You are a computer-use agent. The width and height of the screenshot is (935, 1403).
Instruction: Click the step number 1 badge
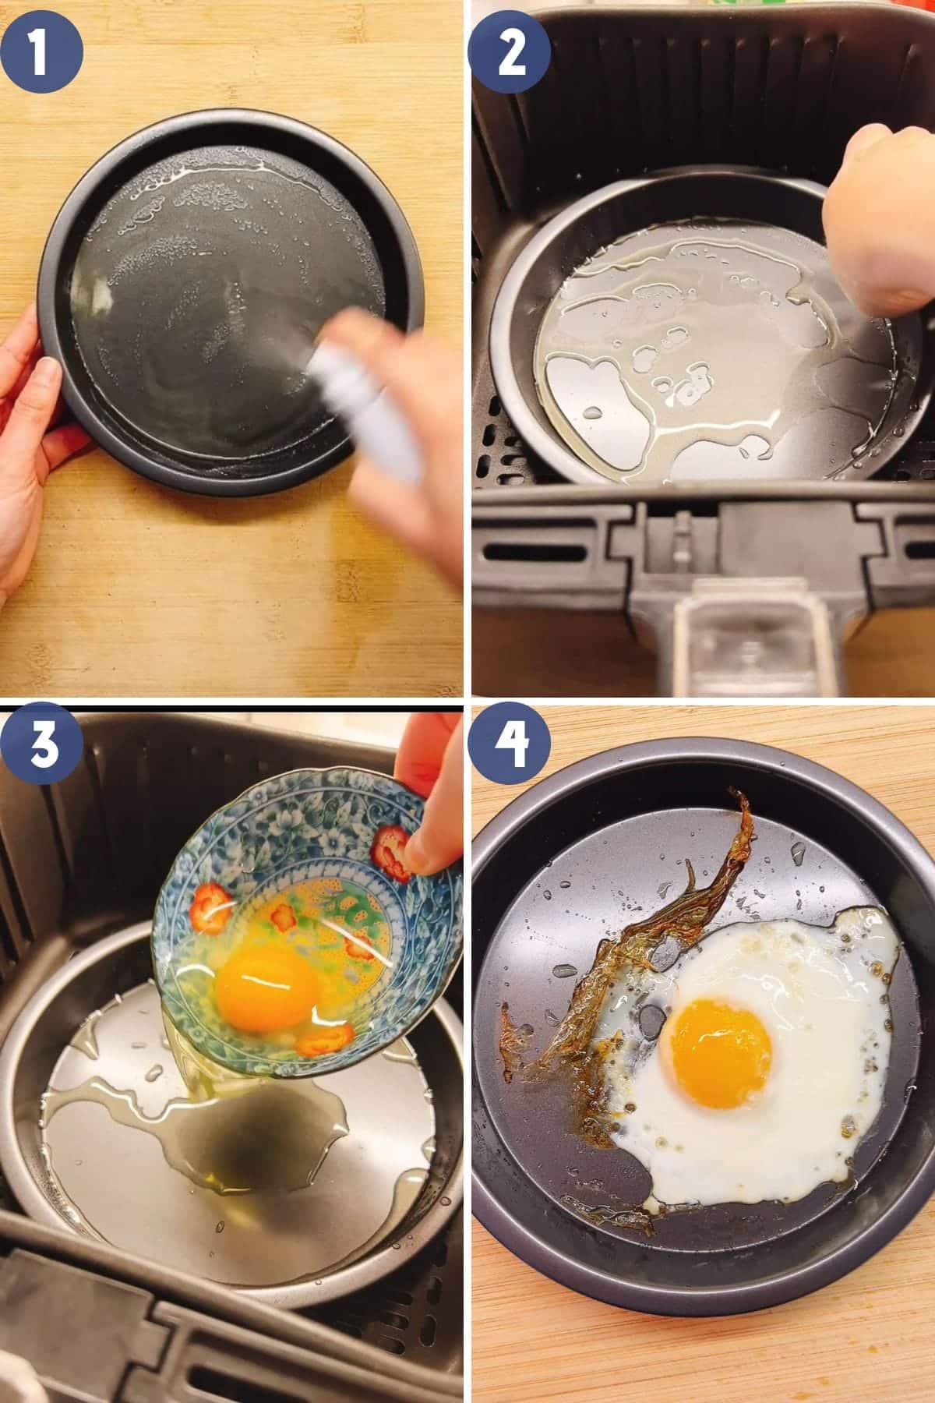[42, 41]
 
